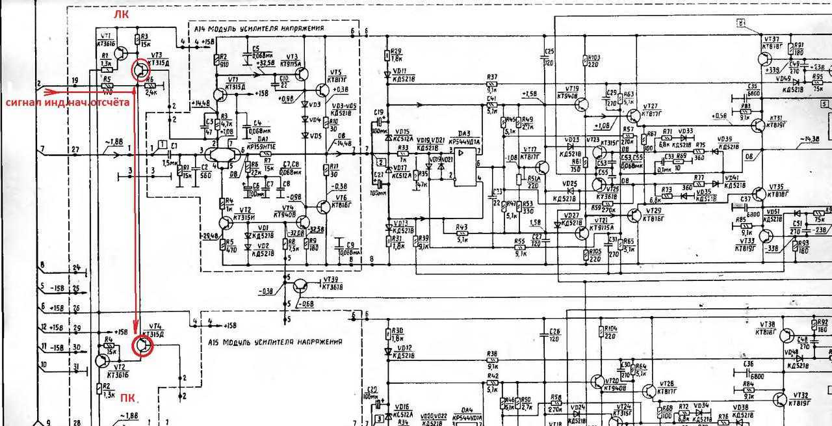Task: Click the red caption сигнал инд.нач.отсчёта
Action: tap(67, 103)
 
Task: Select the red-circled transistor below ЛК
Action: tap(142, 70)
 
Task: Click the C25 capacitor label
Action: tap(549, 51)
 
